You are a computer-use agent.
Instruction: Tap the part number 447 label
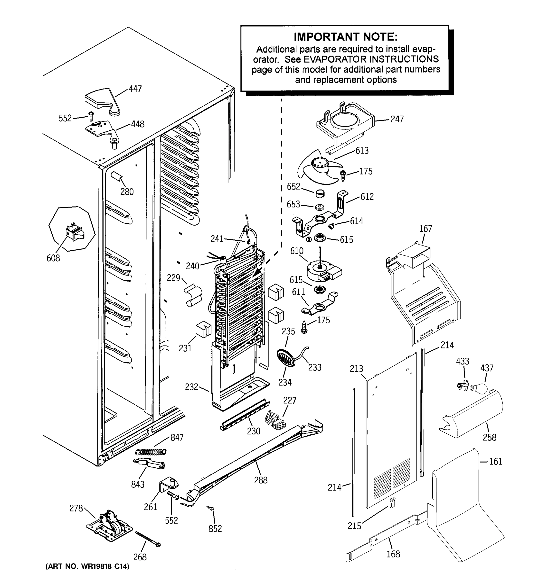pyautogui.click(x=135, y=89)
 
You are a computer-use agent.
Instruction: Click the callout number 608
pyautogui.click(x=53, y=258)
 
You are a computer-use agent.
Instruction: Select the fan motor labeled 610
pyautogui.click(x=323, y=272)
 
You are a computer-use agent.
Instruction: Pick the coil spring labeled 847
pyautogui.click(x=151, y=451)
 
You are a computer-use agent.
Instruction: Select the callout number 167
pyautogui.click(x=425, y=228)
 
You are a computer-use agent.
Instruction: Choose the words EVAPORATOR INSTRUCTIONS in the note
pyautogui.click(x=371, y=59)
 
